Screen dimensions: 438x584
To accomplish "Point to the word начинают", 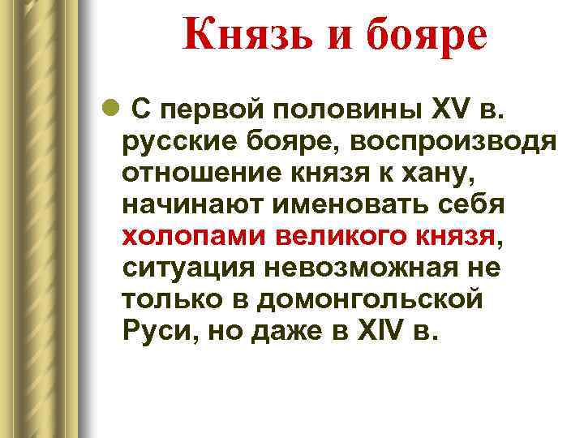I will tap(191, 205).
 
